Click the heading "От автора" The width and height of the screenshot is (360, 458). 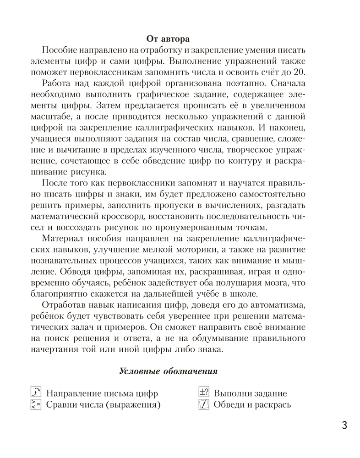(x=167, y=38)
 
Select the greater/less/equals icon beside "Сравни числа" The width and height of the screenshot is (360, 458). (x=35, y=404)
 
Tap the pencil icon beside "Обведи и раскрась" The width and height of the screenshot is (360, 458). (x=203, y=404)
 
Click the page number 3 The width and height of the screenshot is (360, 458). (x=344, y=425)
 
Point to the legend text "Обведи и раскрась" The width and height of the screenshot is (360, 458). (x=252, y=405)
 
